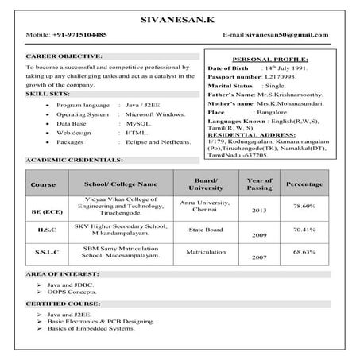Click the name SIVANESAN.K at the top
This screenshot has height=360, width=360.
click(x=180, y=18)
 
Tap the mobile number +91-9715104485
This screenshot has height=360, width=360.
click(x=79, y=35)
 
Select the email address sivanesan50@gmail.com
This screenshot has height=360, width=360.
click(x=288, y=35)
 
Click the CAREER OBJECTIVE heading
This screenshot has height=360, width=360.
click(x=64, y=57)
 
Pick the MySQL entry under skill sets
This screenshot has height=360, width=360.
click(x=138, y=125)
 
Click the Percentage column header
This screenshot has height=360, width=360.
click(x=304, y=184)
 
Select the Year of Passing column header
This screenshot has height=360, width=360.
click(x=260, y=184)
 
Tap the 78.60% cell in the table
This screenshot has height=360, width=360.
click(x=304, y=206)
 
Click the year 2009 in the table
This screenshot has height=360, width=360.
click(x=260, y=236)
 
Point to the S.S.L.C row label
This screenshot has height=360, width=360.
click(x=41, y=251)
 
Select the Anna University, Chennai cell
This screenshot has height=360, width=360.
click(x=205, y=206)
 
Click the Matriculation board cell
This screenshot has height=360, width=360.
click(x=205, y=251)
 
